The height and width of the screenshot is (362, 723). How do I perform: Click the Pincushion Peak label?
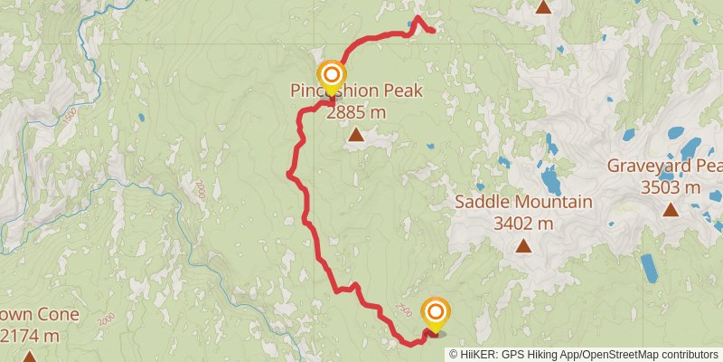[x=355, y=91]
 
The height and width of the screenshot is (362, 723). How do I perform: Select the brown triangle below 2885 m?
[x=356, y=136]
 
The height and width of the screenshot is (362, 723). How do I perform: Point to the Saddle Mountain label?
[x=523, y=202]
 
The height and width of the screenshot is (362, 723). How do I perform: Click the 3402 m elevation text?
[x=523, y=223]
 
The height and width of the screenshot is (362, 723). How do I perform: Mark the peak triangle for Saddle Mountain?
[x=523, y=245]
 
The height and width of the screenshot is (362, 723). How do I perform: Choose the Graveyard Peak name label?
[x=664, y=167]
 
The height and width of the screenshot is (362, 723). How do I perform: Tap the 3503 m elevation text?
[x=671, y=187]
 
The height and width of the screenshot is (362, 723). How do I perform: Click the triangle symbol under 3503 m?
[x=671, y=210]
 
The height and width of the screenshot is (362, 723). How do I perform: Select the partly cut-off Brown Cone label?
[x=40, y=316]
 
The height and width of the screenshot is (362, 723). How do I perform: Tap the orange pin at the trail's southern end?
[x=436, y=314]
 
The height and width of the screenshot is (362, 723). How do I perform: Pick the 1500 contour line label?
[x=71, y=115]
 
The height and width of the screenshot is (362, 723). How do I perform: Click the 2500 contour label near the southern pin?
[x=403, y=310]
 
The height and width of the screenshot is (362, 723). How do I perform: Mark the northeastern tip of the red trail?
[x=434, y=32]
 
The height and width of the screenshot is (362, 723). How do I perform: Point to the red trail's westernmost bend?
[x=287, y=174]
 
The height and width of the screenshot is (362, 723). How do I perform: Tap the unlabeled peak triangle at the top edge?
[x=543, y=7]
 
